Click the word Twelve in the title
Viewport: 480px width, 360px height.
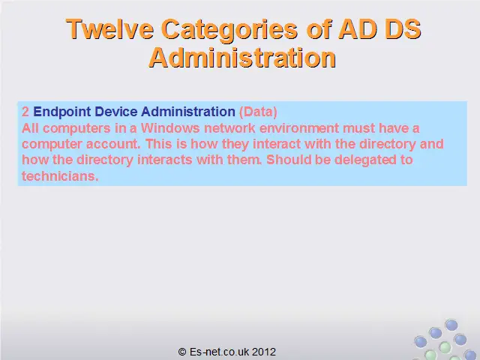coord(109,29)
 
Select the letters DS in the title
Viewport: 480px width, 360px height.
coord(403,29)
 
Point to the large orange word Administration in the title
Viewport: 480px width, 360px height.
coord(242,58)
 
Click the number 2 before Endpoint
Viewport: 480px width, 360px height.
coord(25,112)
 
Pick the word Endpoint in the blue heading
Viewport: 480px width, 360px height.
coord(62,112)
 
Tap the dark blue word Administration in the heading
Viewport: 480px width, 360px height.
coord(188,112)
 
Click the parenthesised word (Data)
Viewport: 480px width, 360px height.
coord(258,112)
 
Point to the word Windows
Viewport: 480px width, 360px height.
coord(170,128)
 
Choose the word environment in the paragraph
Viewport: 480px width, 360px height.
coord(299,128)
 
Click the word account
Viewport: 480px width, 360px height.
coord(113,144)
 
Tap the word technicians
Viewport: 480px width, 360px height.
coord(60,176)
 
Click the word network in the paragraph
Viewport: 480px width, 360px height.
coord(229,128)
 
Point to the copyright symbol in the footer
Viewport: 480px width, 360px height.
coord(182,352)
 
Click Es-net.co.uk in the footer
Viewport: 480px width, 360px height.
coord(219,352)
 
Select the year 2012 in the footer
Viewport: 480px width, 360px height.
coord(264,352)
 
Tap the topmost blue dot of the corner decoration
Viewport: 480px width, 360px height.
coord(451,325)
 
